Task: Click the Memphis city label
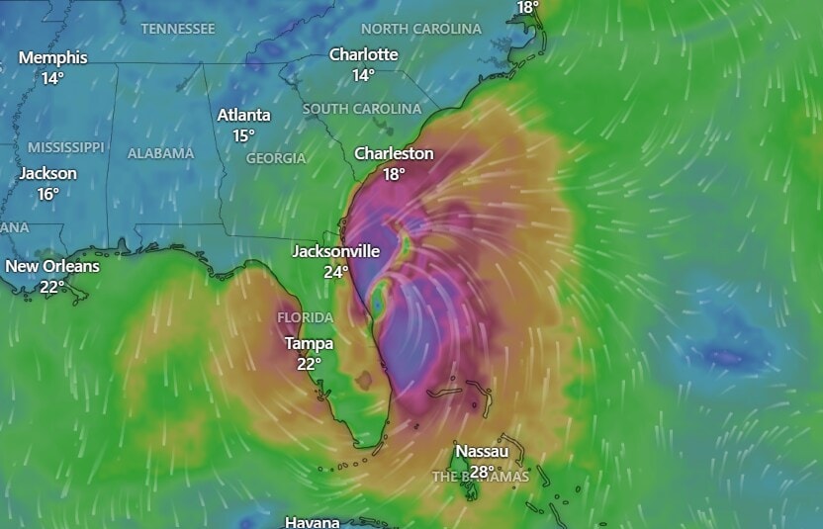pos(52,57)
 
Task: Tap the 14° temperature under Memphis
pos(52,77)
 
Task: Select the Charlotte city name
pos(363,54)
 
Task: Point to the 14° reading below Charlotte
pos(363,75)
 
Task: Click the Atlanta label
pos(243,115)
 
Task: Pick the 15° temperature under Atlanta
pos(243,135)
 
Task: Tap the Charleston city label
pos(394,153)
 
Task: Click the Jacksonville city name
pos(335,251)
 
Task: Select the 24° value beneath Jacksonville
pos(335,272)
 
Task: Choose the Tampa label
pos(309,343)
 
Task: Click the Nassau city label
pos(482,452)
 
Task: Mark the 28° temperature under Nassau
pos(482,472)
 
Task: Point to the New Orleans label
pos(51,266)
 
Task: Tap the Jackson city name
pos(48,173)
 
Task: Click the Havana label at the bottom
pos(312,521)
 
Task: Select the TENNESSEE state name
pos(177,29)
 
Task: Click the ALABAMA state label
pos(160,153)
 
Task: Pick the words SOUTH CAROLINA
pos(362,108)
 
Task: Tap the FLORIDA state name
pos(305,317)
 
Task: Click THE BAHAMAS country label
pos(481,477)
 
